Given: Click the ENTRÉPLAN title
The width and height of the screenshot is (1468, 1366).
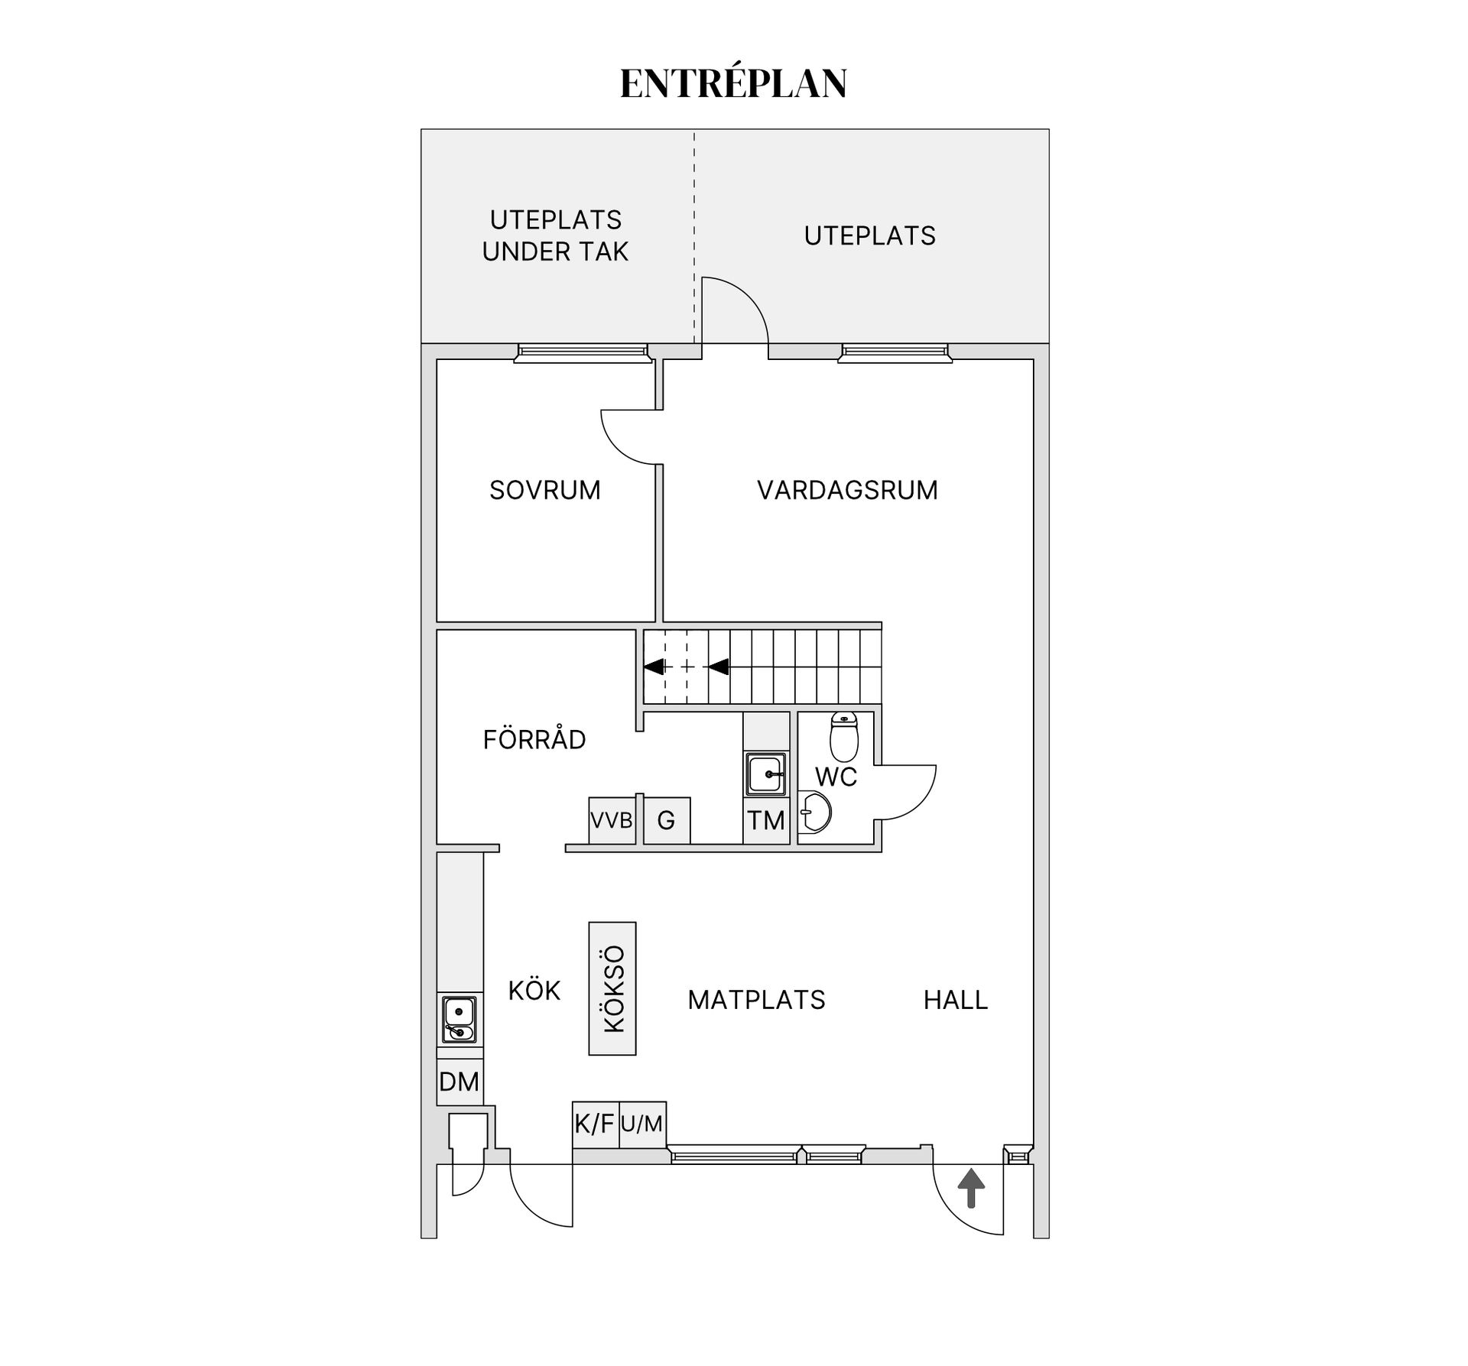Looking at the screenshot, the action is (x=733, y=83).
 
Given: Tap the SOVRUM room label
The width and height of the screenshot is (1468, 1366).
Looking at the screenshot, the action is (x=545, y=490).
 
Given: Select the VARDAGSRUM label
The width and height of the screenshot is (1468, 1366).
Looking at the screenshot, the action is (x=847, y=490).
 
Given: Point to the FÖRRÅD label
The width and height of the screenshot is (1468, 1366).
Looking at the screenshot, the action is (x=534, y=739).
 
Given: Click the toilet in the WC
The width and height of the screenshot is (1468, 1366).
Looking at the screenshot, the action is (x=844, y=736).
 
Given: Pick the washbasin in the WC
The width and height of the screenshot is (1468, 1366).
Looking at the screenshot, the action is (x=815, y=812).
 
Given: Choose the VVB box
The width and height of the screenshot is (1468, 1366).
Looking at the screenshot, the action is (x=612, y=821).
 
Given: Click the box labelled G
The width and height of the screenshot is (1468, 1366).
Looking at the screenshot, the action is (x=667, y=821).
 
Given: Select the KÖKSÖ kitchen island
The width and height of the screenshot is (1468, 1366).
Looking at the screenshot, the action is (x=612, y=988).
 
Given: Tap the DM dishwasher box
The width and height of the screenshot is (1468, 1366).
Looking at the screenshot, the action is (x=460, y=1082).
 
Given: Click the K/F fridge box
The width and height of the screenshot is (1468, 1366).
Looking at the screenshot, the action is (x=596, y=1124).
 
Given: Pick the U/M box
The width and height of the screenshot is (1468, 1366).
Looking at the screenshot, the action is (x=642, y=1124).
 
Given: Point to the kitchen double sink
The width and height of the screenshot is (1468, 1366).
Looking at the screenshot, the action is (x=459, y=1020).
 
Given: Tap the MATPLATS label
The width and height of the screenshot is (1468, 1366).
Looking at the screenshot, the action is (x=757, y=1000).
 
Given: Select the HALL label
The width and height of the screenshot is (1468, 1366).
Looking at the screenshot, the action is (x=956, y=1000).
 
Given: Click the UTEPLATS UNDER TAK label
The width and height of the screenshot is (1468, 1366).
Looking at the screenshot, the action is (x=555, y=235).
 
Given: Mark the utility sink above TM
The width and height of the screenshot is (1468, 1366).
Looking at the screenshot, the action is (x=766, y=774).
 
